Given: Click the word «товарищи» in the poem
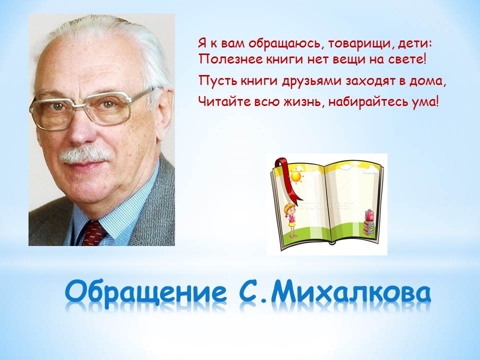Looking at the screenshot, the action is [x=361, y=44].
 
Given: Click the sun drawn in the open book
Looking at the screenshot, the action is [x=296, y=176].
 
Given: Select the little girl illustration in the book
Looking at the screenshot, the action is [x=291, y=220].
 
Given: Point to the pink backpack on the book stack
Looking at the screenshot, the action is [x=369, y=215].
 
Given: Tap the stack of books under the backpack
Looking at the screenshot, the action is [x=369, y=228].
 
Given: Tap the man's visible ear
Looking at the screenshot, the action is [x=164, y=113].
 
